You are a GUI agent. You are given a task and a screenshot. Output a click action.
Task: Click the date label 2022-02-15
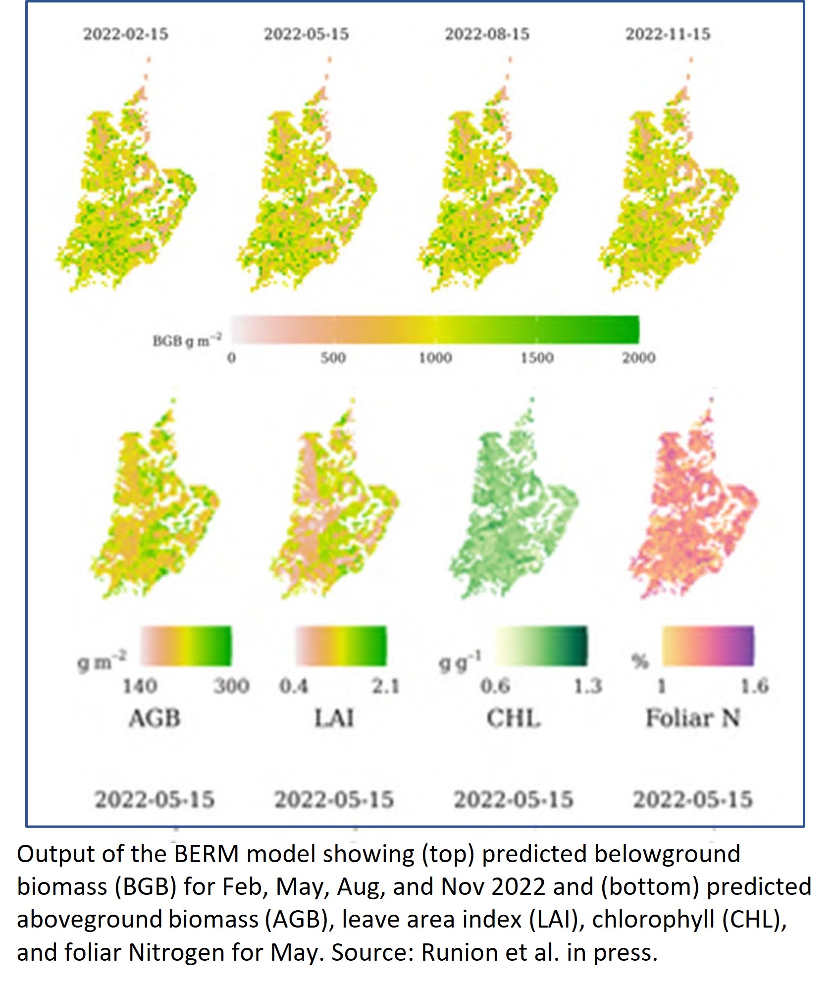(126, 34)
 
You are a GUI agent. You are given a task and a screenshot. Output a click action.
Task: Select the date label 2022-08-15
(487, 34)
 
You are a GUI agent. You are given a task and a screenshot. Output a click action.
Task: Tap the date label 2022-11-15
(668, 34)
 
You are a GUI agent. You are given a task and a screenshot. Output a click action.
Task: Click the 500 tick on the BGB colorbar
(333, 358)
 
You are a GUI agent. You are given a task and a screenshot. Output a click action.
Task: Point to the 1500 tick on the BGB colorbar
(537, 358)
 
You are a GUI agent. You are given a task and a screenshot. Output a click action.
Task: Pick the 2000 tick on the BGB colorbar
(639, 358)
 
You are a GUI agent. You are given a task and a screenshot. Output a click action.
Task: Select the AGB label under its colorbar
(155, 719)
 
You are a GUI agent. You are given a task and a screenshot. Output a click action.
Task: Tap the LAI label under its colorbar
(334, 719)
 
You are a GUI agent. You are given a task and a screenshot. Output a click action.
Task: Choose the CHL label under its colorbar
(513, 719)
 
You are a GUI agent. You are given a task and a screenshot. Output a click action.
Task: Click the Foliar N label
(692, 719)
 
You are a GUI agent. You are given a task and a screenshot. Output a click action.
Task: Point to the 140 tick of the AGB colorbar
(140, 686)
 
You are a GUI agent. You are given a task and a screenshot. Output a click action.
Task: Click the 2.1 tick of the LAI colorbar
(385, 686)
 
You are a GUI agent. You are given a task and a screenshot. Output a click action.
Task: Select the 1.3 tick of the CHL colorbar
(587, 686)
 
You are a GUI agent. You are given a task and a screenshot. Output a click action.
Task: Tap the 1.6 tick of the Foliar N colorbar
(754, 686)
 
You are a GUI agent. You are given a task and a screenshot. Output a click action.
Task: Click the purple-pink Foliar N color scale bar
(708, 646)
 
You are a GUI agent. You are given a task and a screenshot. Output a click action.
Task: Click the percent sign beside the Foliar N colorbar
(639, 662)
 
